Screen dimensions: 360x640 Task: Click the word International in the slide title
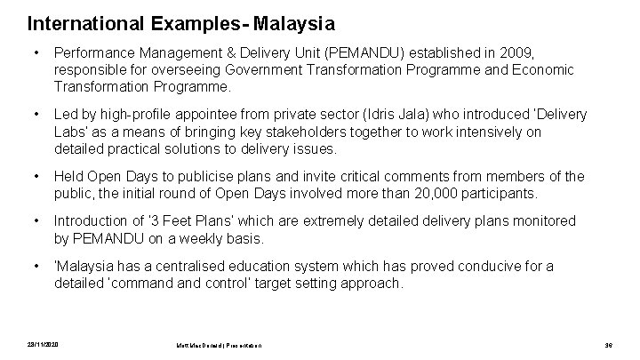tap(76, 20)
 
